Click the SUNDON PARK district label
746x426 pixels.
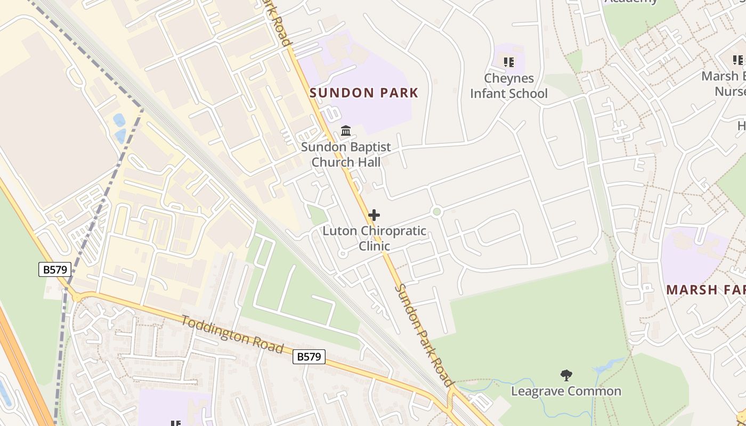[x=364, y=93]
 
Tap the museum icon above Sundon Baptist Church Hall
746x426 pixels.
[x=346, y=130]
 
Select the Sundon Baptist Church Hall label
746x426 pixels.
[x=346, y=154]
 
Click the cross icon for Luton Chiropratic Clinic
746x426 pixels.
[x=374, y=215]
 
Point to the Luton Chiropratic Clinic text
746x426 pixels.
[x=374, y=238]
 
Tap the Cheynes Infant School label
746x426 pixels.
[x=508, y=86]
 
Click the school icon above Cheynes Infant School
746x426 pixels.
[x=509, y=62]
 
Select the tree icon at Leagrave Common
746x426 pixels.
[x=566, y=375]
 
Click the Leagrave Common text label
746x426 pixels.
[x=566, y=391]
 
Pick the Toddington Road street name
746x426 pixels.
[x=232, y=334]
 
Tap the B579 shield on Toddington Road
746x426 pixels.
[x=309, y=357]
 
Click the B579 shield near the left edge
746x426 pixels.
[x=55, y=269]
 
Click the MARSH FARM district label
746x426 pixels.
[x=706, y=290]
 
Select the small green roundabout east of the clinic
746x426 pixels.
[x=437, y=212]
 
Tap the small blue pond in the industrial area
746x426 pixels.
[x=119, y=120]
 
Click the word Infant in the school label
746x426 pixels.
[x=489, y=94]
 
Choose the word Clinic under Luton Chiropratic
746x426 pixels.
[x=374, y=246]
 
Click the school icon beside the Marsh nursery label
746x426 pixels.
[x=738, y=60]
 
